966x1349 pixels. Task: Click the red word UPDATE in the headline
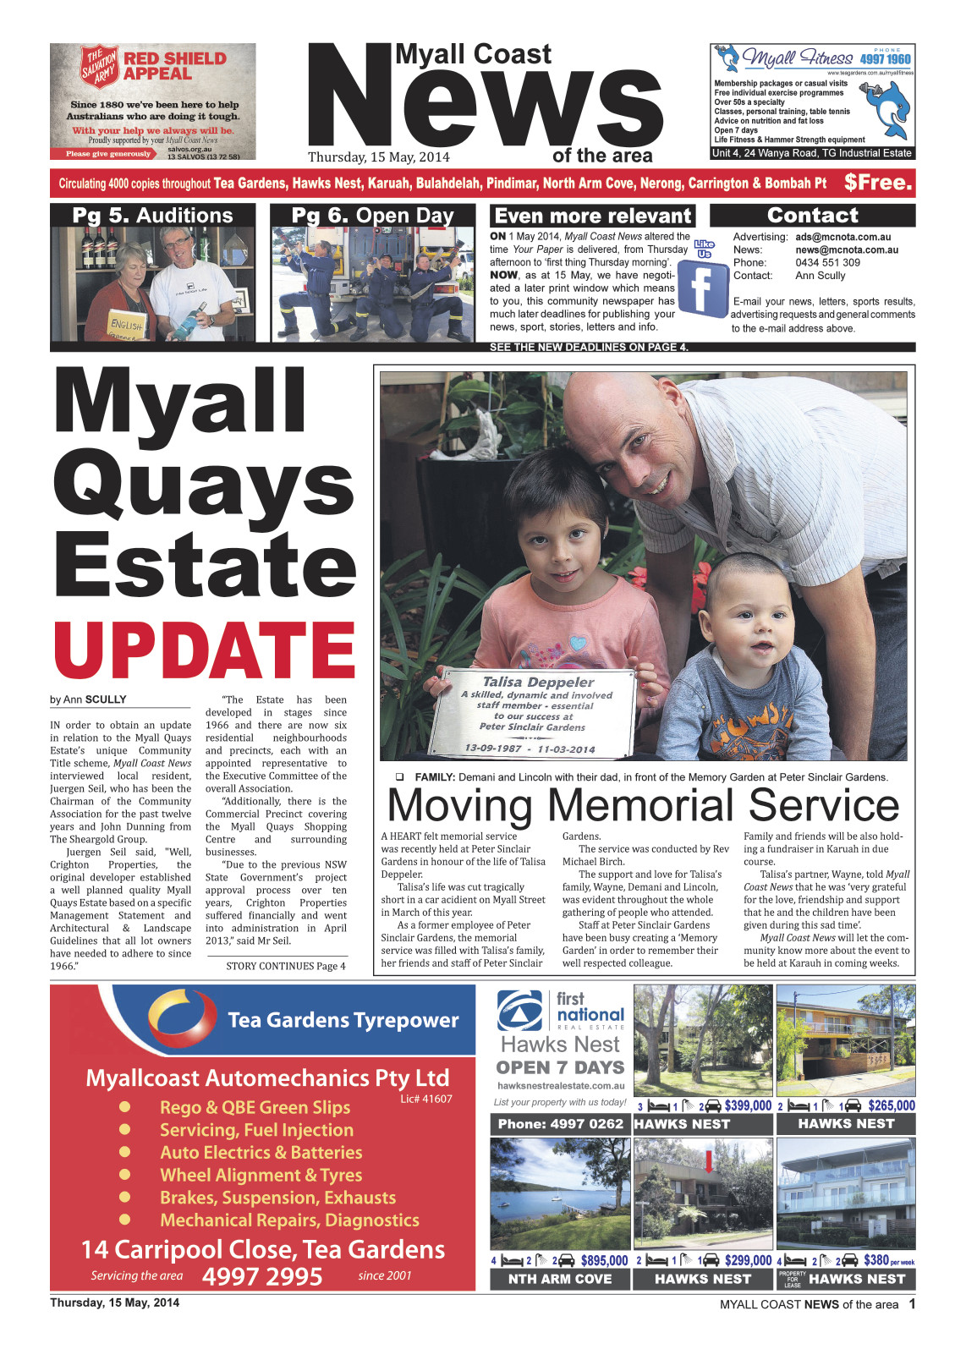tap(204, 650)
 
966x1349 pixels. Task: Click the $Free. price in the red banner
tap(878, 183)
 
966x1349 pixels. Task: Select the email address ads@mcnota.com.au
tap(842, 237)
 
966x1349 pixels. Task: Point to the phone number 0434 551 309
tap(827, 262)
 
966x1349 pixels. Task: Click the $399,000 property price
tap(748, 1105)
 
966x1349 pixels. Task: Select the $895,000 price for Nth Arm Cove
tap(604, 1260)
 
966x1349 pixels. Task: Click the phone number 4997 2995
tap(262, 1276)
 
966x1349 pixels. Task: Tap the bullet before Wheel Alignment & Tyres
tap(125, 1175)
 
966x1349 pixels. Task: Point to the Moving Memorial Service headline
tap(643, 804)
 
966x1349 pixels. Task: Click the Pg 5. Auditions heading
tap(152, 216)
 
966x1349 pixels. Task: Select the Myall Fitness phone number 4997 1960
tap(885, 59)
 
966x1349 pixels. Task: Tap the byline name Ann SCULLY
tap(95, 699)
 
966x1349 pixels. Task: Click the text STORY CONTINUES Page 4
tap(286, 966)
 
